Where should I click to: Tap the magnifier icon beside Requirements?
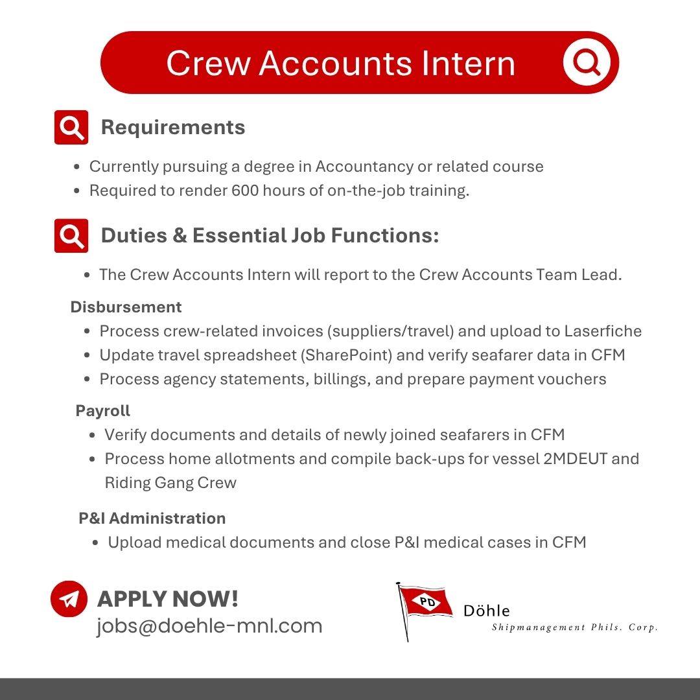coord(71,127)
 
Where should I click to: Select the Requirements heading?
coord(173,127)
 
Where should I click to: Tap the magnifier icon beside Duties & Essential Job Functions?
coord(71,235)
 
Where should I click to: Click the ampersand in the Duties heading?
coord(180,235)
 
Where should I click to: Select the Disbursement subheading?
coord(126,307)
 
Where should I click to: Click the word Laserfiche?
coord(603,331)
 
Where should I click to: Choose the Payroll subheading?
coord(103,411)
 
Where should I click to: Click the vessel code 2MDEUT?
coord(575,459)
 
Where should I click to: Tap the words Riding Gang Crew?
coord(170,483)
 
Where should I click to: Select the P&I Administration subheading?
coord(152,519)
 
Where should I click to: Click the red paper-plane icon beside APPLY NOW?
coord(69,598)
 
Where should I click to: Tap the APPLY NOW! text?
coord(168,599)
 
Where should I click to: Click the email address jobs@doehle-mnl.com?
coord(209,626)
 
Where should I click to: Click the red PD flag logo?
coord(425,603)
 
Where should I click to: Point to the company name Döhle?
coord(486,611)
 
